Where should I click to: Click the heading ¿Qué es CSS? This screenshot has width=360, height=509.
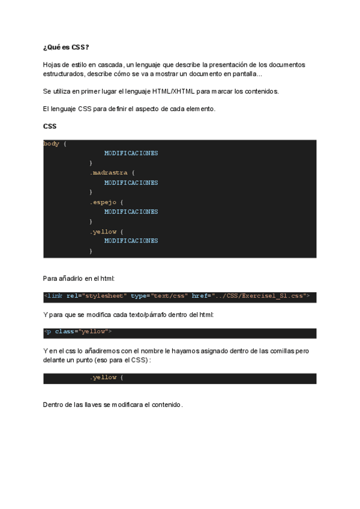[x=66, y=47]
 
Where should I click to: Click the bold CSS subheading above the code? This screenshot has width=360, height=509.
[x=50, y=126]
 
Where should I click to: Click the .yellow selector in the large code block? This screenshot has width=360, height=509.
[x=103, y=231]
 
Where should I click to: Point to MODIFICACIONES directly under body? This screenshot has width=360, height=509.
[x=131, y=153]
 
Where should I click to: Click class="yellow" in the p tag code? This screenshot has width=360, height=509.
[x=83, y=331]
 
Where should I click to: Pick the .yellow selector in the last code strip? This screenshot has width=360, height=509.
[x=103, y=378]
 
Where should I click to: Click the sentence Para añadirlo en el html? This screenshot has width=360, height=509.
[x=79, y=279]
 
